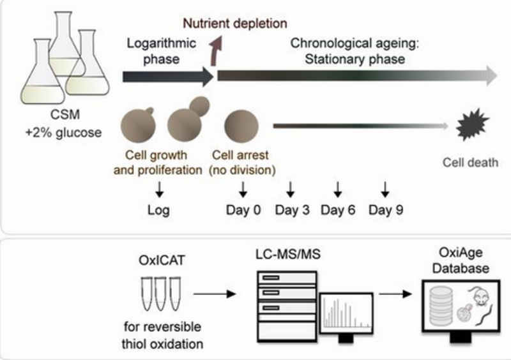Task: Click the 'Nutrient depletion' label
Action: pyautogui.click(x=235, y=24)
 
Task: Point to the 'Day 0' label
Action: pyautogui.click(x=243, y=209)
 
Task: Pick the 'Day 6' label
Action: pyautogui.click(x=337, y=209)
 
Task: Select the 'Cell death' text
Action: pyautogui.click(x=470, y=162)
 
